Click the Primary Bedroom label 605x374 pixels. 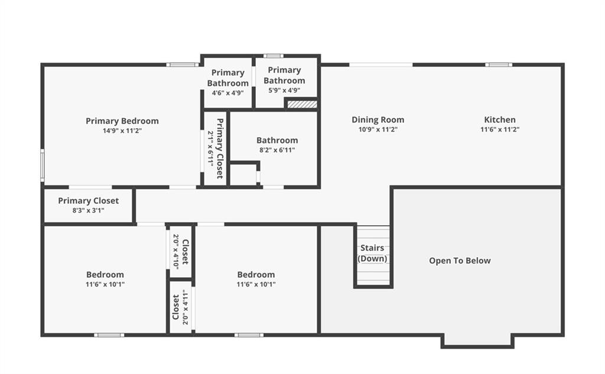click(x=122, y=121)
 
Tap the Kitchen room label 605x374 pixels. click(x=500, y=120)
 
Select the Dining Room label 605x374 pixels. click(x=378, y=120)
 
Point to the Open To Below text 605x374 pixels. click(x=460, y=261)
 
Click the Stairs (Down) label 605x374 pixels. click(x=372, y=253)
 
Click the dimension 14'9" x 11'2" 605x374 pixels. click(x=122, y=131)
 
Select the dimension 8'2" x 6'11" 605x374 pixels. click(x=277, y=149)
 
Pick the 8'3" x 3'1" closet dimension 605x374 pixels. click(x=89, y=210)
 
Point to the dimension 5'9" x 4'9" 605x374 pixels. click(x=284, y=90)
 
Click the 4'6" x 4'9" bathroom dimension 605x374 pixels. click(x=227, y=93)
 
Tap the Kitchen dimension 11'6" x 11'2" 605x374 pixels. click(x=500, y=129)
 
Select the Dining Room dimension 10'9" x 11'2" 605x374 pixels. click(x=378, y=129)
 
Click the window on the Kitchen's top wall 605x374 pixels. click(x=499, y=65)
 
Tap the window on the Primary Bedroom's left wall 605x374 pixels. click(x=43, y=165)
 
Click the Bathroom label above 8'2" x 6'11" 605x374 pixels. click(x=277, y=140)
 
